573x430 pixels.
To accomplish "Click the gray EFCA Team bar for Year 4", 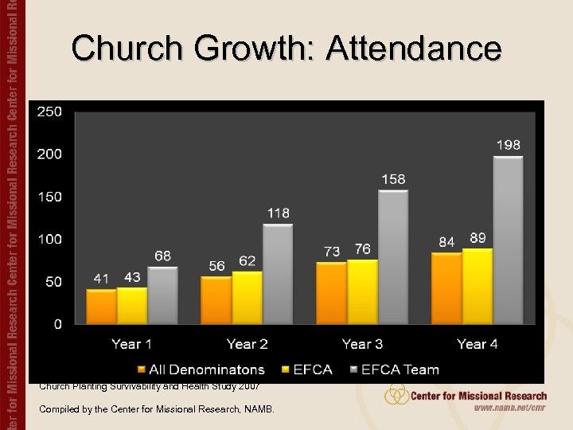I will pyautogui.click(x=508, y=240).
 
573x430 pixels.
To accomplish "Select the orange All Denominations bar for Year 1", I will pyautogui.click(x=101, y=307).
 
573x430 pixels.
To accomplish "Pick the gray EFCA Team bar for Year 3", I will pyautogui.click(x=392, y=256).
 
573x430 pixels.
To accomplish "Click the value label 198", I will pyautogui.click(x=509, y=145).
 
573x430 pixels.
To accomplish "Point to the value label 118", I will pyautogui.click(x=278, y=213).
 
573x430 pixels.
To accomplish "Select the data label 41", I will pyautogui.click(x=101, y=279).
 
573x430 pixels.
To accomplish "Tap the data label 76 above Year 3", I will pyautogui.click(x=362, y=249).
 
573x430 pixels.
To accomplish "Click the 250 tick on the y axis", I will pyautogui.click(x=49, y=111).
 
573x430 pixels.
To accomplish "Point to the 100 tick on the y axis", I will pyautogui.click(x=49, y=239).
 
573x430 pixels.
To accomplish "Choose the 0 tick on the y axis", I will pyautogui.click(x=57, y=324).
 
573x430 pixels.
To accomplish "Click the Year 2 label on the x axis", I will pyautogui.click(x=247, y=344).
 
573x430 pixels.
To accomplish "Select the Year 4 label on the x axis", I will pyautogui.click(x=477, y=344).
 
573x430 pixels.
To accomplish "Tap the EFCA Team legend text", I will pyautogui.click(x=400, y=369).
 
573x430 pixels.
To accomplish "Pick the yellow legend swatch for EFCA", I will pyautogui.click(x=285, y=369).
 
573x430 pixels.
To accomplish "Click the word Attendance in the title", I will pyautogui.click(x=413, y=49).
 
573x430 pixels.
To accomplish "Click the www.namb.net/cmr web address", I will pyautogui.click(x=510, y=408).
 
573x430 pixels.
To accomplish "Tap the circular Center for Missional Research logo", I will pyautogui.click(x=396, y=395).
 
